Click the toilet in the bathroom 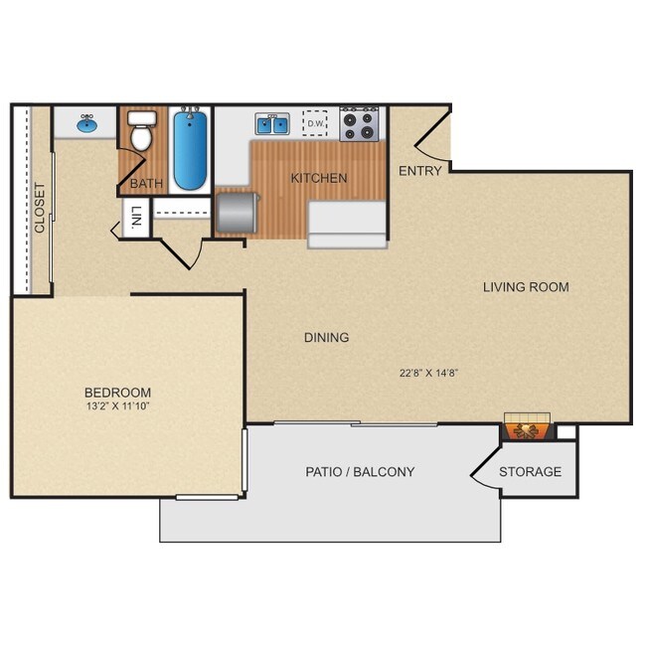(x=142, y=131)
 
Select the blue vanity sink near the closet (x=86, y=124)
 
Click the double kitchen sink (x=271, y=125)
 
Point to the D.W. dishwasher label (x=316, y=123)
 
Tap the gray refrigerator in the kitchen (x=236, y=212)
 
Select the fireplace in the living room (x=526, y=427)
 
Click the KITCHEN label (x=319, y=179)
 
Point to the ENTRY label (x=419, y=171)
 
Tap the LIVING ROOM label (x=526, y=287)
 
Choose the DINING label (x=326, y=338)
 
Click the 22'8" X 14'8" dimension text (x=428, y=374)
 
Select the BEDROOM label (x=117, y=393)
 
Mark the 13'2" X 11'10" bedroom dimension (x=117, y=407)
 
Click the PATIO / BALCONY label (x=360, y=472)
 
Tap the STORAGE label (x=530, y=472)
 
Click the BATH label (x=146, y=183)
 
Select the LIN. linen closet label (x=136, y=217)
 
